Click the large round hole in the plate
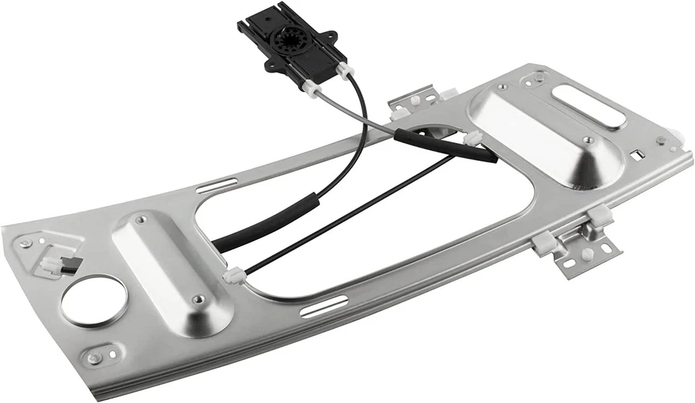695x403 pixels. point(93,300)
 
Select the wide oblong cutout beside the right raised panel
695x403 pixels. point(589,107)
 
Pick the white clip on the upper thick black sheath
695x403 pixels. point(473,138)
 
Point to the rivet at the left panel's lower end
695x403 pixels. point(199,298)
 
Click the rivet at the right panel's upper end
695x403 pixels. point(502,88)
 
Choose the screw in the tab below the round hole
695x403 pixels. point(94,357)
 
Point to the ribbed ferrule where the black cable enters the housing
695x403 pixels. point(344,70)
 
